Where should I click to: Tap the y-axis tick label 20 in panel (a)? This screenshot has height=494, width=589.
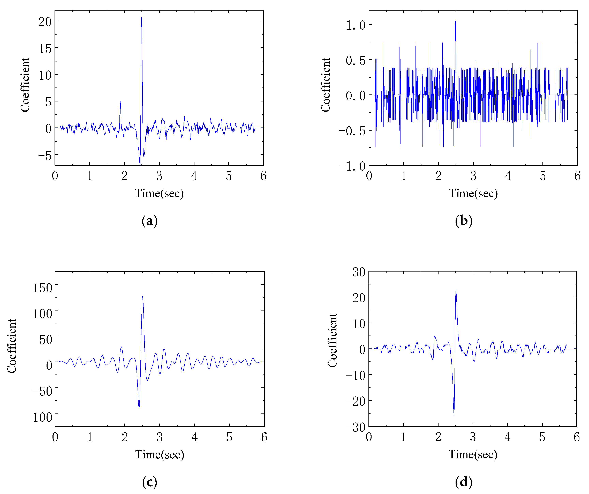[x=45, y=22]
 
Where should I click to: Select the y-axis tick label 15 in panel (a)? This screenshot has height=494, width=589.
[x=45, y=49]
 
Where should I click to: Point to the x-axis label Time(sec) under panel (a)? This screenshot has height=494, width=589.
[x=159, y=193]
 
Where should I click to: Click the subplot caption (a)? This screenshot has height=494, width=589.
[x=149, y=221]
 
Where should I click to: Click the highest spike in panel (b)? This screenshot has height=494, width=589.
[x=455, y=21]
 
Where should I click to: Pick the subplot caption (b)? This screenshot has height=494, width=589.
[x=464, y=221]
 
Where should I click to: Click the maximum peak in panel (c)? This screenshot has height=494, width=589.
[x=142, y=297]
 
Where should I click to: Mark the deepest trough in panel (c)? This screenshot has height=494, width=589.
[x=139, y=408]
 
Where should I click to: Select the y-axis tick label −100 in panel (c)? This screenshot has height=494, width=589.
[x=39, y=417]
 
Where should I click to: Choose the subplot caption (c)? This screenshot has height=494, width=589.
[x=149, y=482]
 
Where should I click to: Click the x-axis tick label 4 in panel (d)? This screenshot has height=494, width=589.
[x=507, y=437]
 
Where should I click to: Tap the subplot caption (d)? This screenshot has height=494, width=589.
[x=464, y=482]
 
